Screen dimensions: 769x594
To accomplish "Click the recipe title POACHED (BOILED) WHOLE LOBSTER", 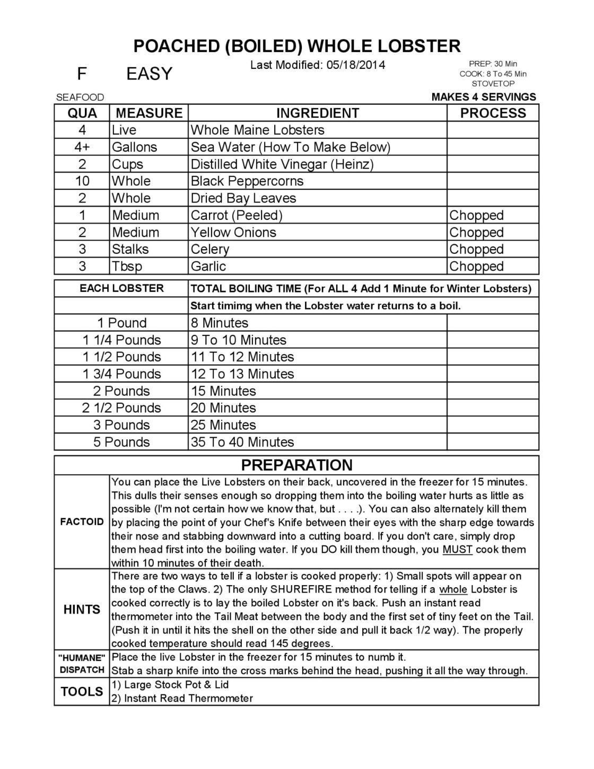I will (x=296, y=46).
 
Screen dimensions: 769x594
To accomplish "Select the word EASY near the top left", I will (x=150, y=74).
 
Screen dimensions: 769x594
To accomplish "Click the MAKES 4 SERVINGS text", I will (x=484, y=97).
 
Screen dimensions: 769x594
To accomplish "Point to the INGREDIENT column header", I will (x=317, y=113).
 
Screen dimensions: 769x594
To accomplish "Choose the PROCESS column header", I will (x=493, y=113).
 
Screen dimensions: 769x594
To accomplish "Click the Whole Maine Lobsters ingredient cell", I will (x=257, y=130).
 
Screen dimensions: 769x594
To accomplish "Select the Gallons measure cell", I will (x=134, y=147).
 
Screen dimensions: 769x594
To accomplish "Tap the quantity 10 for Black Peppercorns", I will (x=82, y=181).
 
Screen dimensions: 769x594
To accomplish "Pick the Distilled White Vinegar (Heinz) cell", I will (x=282, y=164).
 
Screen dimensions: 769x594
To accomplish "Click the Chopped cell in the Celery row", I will (x=476, y=249).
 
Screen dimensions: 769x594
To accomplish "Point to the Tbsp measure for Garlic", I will (x=127, y=266).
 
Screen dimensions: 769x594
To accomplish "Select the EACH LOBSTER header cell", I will (x=121, y=288).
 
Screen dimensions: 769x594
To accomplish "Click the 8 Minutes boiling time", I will (x=219, y=323).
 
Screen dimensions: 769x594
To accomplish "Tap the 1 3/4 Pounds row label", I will (x=121, y=374).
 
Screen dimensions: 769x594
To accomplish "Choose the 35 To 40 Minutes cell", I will (x=242, y=442).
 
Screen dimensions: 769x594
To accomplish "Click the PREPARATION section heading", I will (x=296, y=465).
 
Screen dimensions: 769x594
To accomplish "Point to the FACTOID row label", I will (x=82, y=521).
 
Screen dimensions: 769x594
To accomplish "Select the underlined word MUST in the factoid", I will (x=457, y=549).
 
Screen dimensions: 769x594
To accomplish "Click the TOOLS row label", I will (x=82, y=691).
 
